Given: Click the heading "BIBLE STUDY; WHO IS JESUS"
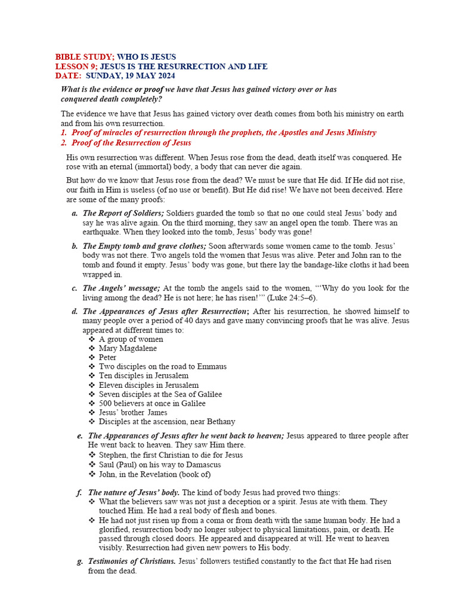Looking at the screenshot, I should coord(116,57).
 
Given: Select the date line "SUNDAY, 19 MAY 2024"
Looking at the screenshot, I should coord(131,76).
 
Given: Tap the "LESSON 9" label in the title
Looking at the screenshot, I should coord(75,66).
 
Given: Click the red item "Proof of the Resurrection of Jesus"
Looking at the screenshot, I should coord(131,143).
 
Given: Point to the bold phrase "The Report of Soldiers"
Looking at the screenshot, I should coord(123,213).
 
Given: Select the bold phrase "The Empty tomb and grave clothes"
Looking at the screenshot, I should coord(144,246).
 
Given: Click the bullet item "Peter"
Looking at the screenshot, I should coord(108,357).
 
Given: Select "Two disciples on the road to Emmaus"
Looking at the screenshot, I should coord(163,366).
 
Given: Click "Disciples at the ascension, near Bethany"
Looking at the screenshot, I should coord(167,421).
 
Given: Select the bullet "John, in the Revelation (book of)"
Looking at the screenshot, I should coord(155,474).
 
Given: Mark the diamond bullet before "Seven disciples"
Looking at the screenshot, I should coord(92,394).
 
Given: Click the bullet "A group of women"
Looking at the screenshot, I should coord(131,339).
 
